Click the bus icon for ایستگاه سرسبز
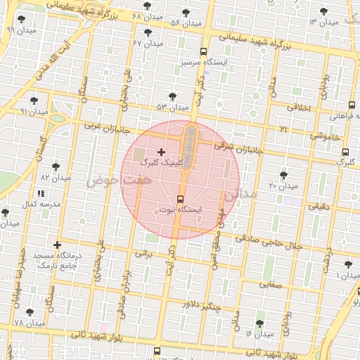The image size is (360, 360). point(203,51)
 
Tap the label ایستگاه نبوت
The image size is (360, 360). point(180,210)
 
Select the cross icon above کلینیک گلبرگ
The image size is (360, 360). point(162,151)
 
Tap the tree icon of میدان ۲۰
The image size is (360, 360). point(283,174)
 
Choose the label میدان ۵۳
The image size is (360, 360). point(173,107)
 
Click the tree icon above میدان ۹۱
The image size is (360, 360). point(34,101)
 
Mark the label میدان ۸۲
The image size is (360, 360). point(56,178)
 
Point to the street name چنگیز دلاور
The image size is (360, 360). point(200,306)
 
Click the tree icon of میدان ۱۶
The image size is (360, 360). point(259,323)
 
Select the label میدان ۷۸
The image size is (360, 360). point(29,323)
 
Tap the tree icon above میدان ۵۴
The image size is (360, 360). point(186,13)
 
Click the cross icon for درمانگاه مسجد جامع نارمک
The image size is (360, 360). point(57,245)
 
